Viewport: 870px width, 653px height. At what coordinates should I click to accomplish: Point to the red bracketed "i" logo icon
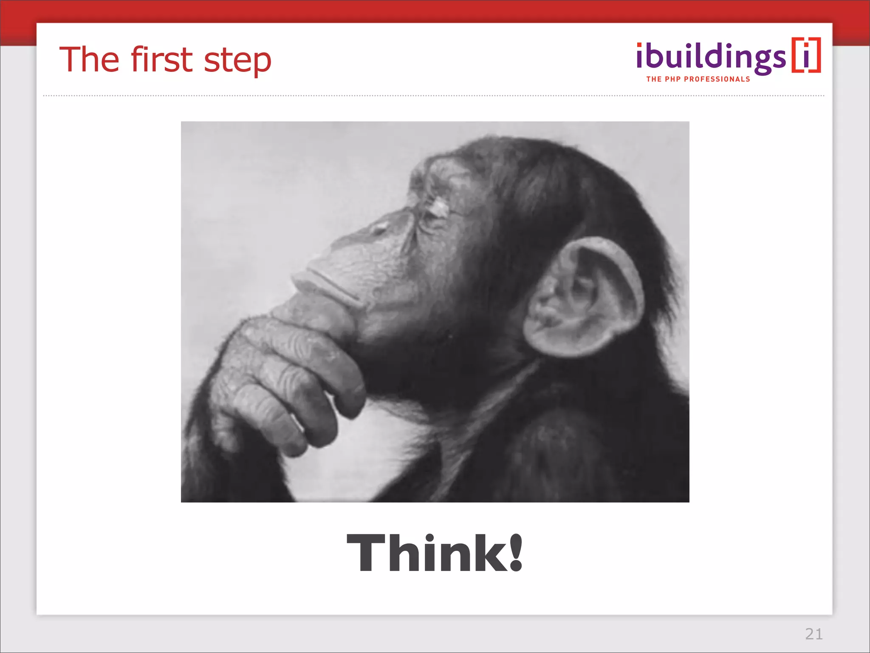tap(806, 55)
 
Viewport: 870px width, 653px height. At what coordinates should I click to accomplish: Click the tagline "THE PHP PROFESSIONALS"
tap(698, 79)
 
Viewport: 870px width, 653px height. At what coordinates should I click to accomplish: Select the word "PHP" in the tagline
tap(673, 79)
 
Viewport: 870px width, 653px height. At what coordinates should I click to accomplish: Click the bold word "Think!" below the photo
tap(435, 553)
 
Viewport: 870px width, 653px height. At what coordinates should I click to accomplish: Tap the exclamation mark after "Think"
tap(516, 553)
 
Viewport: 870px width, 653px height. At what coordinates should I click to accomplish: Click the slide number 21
tap(814, 634)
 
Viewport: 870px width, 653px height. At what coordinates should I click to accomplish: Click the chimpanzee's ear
tap(582, 298)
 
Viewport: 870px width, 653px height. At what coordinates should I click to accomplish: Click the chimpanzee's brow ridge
tap(429, 179)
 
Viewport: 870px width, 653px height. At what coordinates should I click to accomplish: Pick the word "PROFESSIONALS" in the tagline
tap(717, 79)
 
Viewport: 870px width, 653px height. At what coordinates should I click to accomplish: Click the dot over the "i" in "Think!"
tap(430, 537)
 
